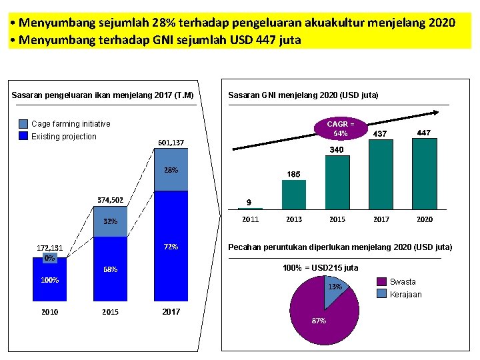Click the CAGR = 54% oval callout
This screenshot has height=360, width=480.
coord(341,128)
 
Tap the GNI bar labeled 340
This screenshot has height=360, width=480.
coord(337,183)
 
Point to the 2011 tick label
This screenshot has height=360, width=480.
coord(250,219)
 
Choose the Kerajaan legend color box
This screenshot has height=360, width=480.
coord(381,293)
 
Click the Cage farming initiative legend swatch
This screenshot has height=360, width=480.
coord(23,124)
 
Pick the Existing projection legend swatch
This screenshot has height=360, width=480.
coord(23,137)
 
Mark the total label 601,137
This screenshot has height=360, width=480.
coord(171,143)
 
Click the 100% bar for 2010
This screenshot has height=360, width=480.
coord(49,280)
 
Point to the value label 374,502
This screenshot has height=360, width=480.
coord(110,199)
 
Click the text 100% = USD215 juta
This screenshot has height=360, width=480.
coord(320,268)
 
